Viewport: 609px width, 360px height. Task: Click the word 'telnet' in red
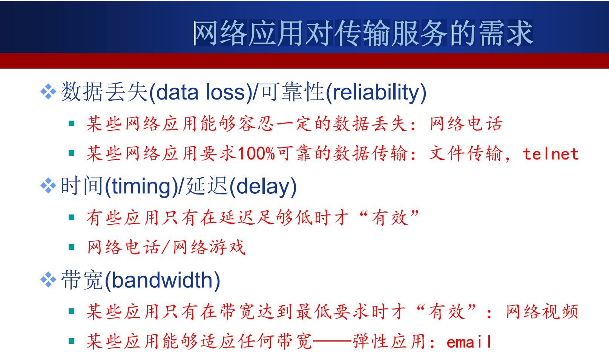(x=551, y=154)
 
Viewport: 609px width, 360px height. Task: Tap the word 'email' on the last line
(x=469, y=342)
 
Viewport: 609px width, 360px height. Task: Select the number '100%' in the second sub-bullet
(x=256, y=153)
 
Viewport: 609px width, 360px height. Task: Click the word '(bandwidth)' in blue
(x=162, y=281)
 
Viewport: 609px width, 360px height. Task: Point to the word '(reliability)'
(x=376, y=93)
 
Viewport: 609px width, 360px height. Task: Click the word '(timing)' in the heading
(x=141, y=187)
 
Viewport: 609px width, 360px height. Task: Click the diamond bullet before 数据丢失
(x=48, y=92)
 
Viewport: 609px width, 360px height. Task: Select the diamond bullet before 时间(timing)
(x=48, y=185)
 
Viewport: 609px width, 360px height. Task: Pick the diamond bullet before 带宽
(x=48, y=280)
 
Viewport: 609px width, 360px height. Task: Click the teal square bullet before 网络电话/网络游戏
(x=72, y=247)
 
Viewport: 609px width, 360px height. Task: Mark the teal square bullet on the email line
(x=72, y=341)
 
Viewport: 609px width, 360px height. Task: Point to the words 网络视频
(x=542, y=312)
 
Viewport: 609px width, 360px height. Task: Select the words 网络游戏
(x=209, y=248)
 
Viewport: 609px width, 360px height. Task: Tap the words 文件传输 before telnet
(x=465, y=153)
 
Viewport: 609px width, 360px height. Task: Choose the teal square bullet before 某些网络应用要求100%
(x=72, y=153)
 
